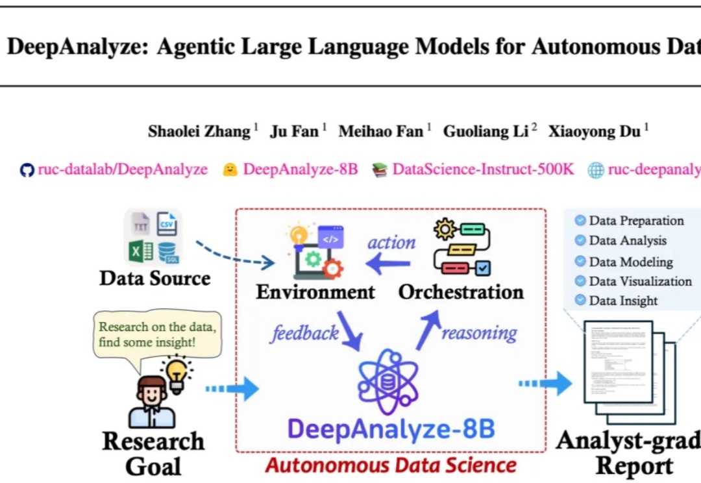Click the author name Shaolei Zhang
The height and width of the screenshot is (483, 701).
click(199, 131)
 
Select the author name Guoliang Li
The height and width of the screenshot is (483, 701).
click(486, 131)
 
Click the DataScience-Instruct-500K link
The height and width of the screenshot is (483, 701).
click(483, 170)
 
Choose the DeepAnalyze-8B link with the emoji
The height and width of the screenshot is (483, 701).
click(300, 170)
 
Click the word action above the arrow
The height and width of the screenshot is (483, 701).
click(391, 243)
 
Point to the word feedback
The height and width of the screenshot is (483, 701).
click(305, 333)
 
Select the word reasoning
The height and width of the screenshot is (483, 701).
click(480, 333)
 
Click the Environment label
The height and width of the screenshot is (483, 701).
click(315, 292)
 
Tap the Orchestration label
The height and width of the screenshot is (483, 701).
click(461, 292)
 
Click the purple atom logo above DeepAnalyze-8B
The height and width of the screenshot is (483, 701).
click(388, 382)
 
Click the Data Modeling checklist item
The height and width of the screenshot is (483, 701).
click(630, 262)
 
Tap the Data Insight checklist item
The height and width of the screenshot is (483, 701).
click(623, 301)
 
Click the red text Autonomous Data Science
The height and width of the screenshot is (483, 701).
click(391, 465)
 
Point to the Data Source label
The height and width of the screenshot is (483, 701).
click(154, 279)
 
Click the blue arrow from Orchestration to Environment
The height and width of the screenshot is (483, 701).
click(388, 264)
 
